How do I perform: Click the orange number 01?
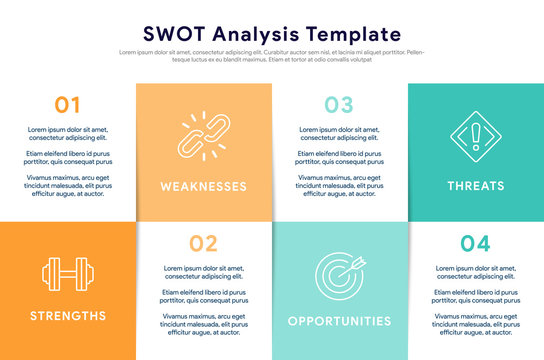(68, 104)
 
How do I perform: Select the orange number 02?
(203, 243)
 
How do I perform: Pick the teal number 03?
(339, 104)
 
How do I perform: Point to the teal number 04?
(475, 243)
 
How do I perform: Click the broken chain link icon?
(204, 137)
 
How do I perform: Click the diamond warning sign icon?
(475, 137)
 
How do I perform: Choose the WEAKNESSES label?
(204, 186)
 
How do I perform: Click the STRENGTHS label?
(68, 316)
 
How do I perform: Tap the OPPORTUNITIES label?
(339, 321)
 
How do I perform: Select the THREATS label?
(476, 186)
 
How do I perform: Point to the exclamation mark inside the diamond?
(475, 136)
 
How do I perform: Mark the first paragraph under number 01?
(66, 134)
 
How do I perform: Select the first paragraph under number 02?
(203, 273)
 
